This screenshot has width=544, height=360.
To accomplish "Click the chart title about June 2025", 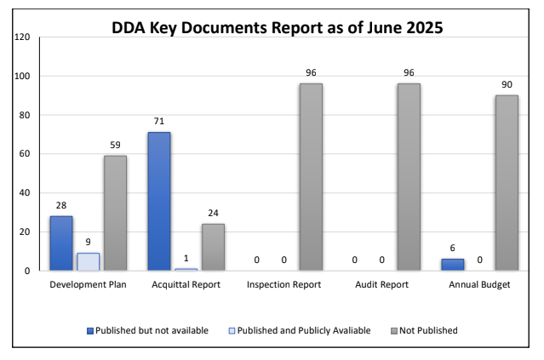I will (x=278, y=27).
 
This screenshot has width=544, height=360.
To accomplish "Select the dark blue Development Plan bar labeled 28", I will (x=60, y=243).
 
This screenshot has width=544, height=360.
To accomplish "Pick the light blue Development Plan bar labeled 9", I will (x=88, y=262).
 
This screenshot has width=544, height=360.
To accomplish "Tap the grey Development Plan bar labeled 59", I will (x=115, y=213).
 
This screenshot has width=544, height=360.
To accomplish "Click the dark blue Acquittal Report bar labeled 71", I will (x=158, y=202).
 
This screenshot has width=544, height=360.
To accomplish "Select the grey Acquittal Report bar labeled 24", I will (x=213, y=247).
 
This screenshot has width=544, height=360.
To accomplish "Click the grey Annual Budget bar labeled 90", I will (x=507, y=183).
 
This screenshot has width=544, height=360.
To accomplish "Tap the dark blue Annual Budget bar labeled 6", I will (x=452, y=265).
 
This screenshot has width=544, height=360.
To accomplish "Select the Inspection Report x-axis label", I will (x=283, y=284).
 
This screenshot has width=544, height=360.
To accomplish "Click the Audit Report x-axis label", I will (x=381, y=284).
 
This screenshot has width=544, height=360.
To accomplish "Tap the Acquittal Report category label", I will (x=186, y=284).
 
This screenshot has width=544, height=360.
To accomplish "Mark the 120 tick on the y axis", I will (x=22, y=37).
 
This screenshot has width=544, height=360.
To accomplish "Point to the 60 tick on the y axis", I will (x=25, y=154).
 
